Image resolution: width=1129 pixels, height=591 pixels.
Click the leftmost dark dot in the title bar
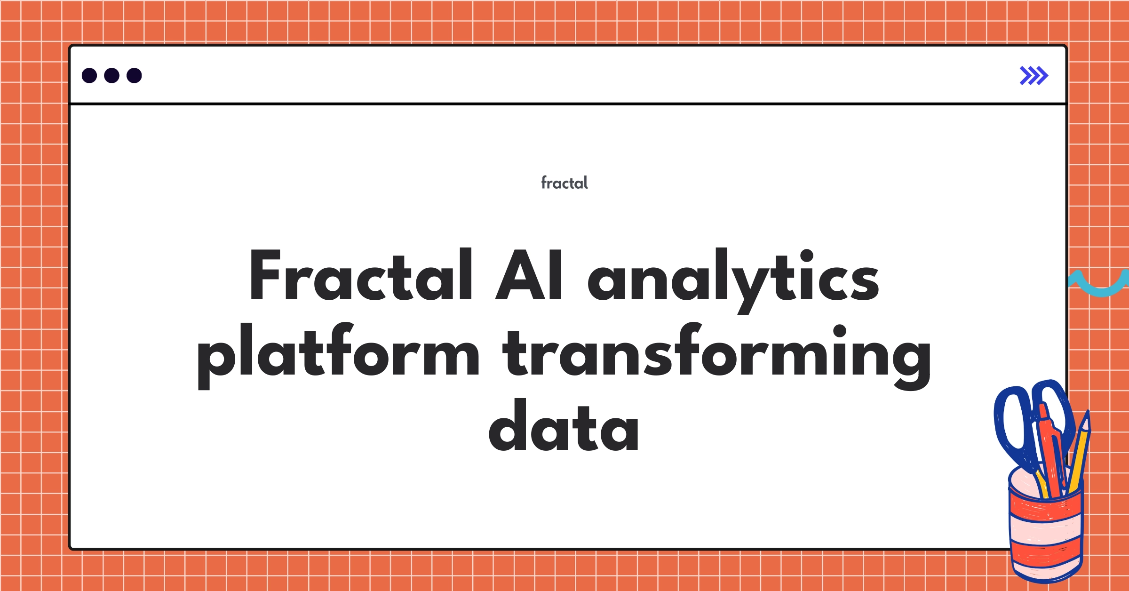pos(89,76)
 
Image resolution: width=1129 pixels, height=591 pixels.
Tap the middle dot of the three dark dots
pos(111,76)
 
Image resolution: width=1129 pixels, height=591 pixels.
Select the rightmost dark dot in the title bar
pos(134,76)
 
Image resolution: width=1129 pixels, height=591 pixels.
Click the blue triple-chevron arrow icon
pos(1034,76)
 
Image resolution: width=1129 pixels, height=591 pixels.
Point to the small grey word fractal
pos(564,183)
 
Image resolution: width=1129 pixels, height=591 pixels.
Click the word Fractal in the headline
pos(360,275)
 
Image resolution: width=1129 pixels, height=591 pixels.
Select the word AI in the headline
pos(529,275)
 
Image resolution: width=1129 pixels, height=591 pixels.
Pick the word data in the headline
pos(564,426)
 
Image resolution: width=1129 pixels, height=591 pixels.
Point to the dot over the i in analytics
pos(806,256)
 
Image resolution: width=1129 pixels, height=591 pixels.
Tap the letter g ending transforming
pos(912,362)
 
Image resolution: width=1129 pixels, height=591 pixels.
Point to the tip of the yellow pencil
pos(1086,417)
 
